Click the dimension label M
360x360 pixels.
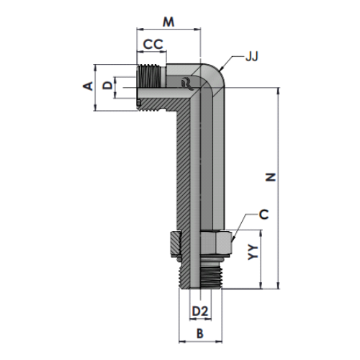(x=168, y=22)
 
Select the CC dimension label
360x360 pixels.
(x=153, y=45)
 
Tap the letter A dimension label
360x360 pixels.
(x=88, y=86)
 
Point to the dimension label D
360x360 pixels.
(x=107, y=85)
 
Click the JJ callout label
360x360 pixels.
(x=251, y=57)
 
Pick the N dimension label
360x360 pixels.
(x=271, y=177)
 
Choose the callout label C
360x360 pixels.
(x=264, y=214)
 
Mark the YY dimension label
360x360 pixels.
(x=253, y=252)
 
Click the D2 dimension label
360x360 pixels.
(x=200, y=312)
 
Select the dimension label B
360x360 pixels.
(x=199, y=333)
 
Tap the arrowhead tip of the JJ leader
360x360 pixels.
(x=220, y=71)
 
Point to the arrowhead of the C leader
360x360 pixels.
(x=233, y=241)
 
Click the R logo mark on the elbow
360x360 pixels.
(x=186, y=84)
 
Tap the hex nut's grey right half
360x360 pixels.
(x=216, y=243)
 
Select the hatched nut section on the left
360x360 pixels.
(x=176, y=243)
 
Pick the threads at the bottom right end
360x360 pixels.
(x=211, y=275)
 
